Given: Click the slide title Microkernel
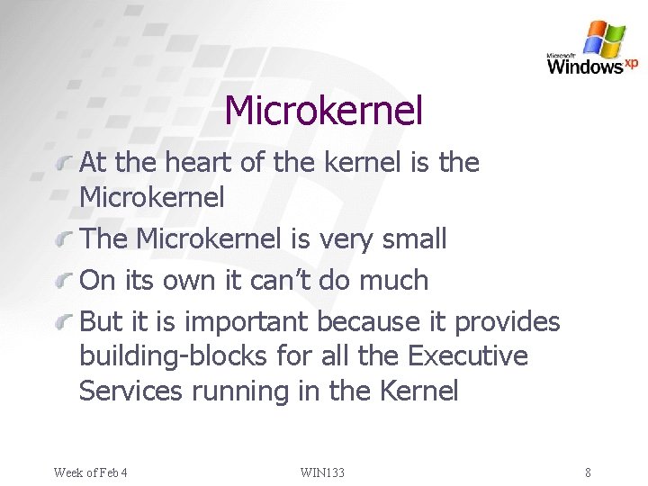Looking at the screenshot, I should click(323, 111).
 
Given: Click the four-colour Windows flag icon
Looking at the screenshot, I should click(604, 40).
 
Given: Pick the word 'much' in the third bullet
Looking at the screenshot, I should click(393, 280).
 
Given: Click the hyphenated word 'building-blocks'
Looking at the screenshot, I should click(173, 356).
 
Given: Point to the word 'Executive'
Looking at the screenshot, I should click(468, 356).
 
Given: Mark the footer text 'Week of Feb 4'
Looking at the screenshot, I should click(90, 472).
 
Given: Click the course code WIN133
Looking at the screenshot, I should click(323, 472).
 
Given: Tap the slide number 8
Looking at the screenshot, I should click(588, 472).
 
